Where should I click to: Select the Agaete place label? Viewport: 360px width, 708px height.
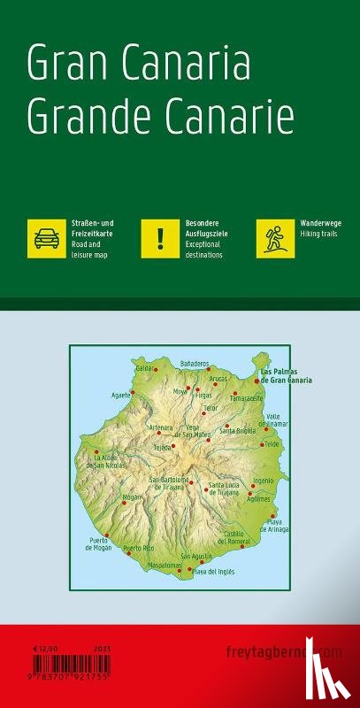[120, 394]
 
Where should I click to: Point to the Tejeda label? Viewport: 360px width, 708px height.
[163, 448]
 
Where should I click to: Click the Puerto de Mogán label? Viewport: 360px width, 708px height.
[101, 543]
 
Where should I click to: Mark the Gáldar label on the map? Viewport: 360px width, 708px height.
[143, 366]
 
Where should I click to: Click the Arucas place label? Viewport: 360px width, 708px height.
[218, 378]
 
